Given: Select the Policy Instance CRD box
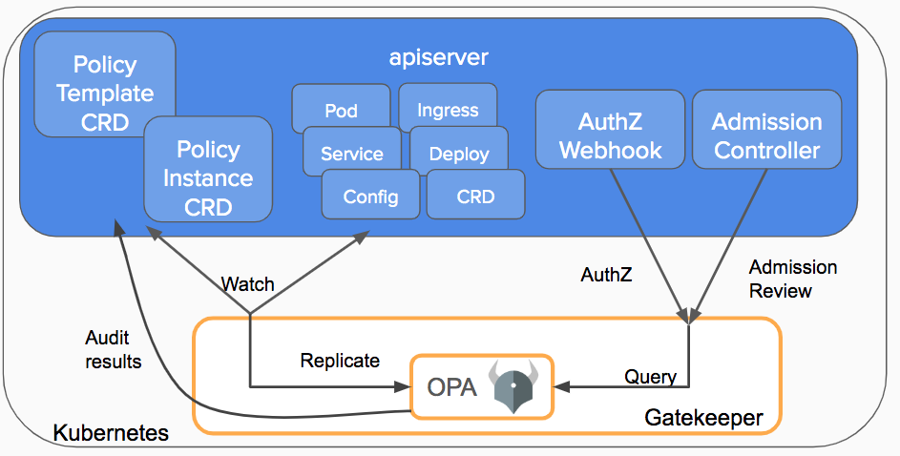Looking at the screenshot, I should click(x=207, y=177).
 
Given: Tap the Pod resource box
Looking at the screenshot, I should click(x=341, y=110).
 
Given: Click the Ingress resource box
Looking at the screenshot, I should click(x=448, y=109).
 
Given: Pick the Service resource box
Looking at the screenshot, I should click(x=351, y=154).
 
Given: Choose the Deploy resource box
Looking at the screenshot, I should click(x=459, y=154).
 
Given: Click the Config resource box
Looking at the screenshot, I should click(x=370, y=197).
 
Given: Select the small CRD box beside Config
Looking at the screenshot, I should click(x=475, y=197).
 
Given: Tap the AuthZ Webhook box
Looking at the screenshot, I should click(x=610, y=135).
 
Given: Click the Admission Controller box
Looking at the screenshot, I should click(x=766, y=135).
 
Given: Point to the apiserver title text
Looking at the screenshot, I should click(x=439, y=57).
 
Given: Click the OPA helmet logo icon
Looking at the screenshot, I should click(x=514, y=385).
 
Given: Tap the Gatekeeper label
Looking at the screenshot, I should click(x=703, y=418).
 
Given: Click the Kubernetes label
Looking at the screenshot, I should click(x=111, y=433).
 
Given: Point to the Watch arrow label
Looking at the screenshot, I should click(x=247, y=284).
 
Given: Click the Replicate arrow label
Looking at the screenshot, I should click(x=340, y=361).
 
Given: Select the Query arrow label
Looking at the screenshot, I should click(x=650, y=376).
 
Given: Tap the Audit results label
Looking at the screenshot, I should click(x=114, y=349).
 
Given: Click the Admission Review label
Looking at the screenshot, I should click(x=792, y=279).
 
